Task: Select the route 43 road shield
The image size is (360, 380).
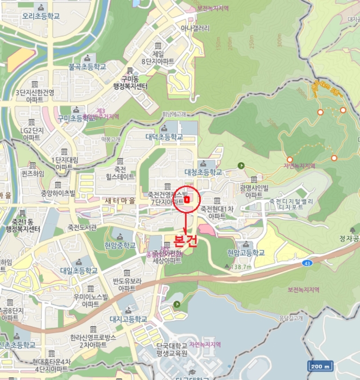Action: point(307,263)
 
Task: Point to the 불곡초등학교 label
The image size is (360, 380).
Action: point(87,67)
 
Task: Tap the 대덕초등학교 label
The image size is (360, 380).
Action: point(164,137)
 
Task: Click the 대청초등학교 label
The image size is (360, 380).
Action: point(204,172)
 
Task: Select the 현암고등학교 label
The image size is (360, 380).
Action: point(246,252)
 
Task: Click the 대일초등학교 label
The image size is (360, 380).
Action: point(79,270)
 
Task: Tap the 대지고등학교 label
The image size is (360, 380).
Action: point(128,319)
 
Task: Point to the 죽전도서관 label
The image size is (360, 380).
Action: point(82,227)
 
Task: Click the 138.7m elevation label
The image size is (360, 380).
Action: point(241,267)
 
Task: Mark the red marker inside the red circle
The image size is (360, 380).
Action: point(187,200)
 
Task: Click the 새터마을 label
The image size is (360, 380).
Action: point(121,200)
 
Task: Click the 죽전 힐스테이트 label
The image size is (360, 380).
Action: point(120,173)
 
